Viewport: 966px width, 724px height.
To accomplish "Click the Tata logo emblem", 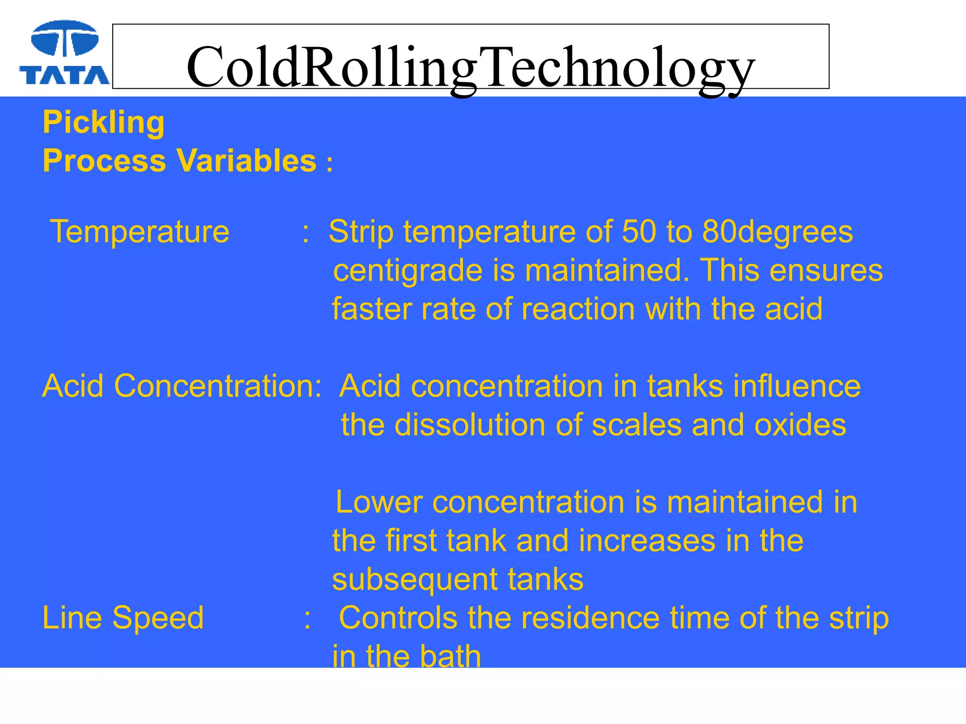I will click(x=65, y=38).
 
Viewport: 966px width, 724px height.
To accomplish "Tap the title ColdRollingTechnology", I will click(x=470, y=67).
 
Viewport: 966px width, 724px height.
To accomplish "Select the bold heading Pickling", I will click(x=104, y=123).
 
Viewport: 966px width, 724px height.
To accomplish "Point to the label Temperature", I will click(x=140, y=232).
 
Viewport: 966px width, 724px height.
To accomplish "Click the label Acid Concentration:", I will click(x=182, y=387).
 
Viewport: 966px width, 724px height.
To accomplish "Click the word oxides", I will click(x=800, y=425).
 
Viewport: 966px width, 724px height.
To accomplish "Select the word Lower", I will click(x=379, y=502).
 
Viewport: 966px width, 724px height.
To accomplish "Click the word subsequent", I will click(x=415, y=580).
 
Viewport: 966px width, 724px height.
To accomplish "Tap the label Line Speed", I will click(x=123, y=618).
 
